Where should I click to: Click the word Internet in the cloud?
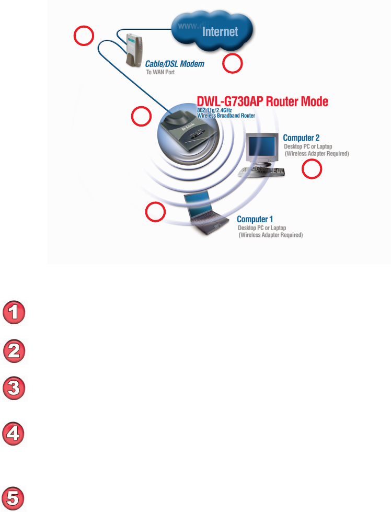coord(220,32)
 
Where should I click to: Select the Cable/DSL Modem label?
coord(174,64)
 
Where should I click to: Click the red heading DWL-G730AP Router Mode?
coord(262,102)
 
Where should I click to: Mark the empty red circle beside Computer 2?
coord(313,169)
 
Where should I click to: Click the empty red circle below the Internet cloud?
coord(233,64)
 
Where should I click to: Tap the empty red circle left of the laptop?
coord(155,212)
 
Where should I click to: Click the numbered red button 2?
coord(14,350)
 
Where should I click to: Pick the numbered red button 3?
coord(14,389)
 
